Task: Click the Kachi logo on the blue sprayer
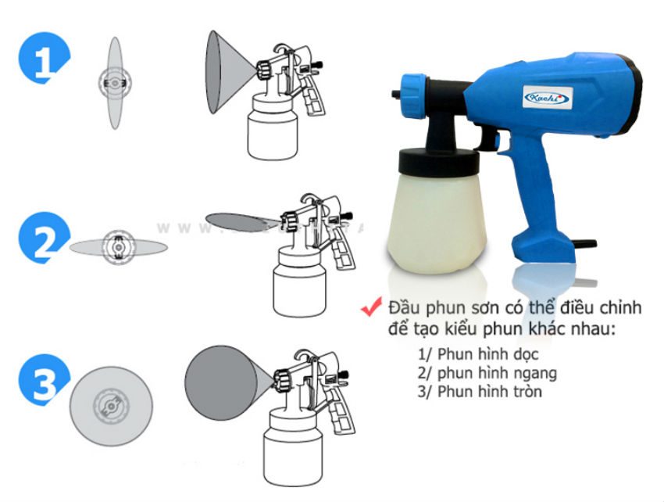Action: tap(547, 96)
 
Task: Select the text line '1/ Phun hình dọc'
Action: tap(469, 355)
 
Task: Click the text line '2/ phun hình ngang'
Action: tap(487, 373)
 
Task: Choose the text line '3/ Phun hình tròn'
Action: tap(479, 391)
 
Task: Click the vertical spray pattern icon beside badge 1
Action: tap(115, 83)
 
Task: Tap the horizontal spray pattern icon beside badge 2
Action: tap(118, 246)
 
